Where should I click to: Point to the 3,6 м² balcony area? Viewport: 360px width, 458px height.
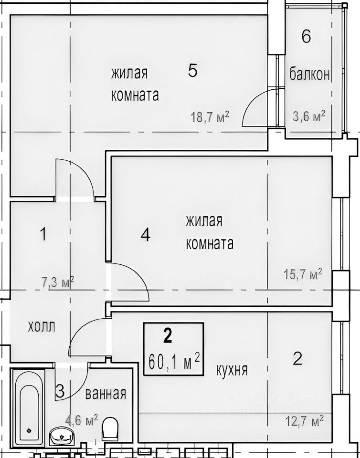309,116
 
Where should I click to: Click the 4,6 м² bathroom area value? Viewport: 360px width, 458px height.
82,420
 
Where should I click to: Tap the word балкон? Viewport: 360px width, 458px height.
309,75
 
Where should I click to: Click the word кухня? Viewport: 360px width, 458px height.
232,370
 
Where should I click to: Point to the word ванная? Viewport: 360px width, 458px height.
106,394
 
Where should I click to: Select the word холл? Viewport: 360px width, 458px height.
42,327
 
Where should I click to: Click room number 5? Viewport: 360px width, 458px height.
192,71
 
